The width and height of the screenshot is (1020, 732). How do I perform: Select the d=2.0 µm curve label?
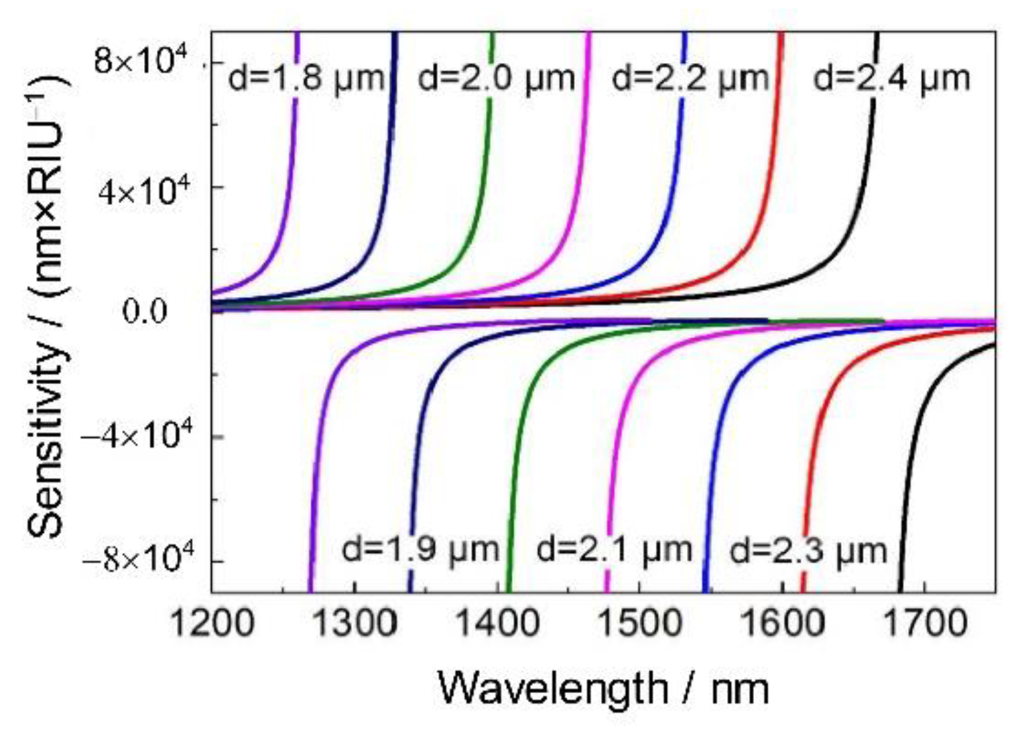tap(497, 78)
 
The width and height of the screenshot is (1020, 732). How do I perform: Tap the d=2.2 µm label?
tap(690, 78)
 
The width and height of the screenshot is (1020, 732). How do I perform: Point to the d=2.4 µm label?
tap(891, 78)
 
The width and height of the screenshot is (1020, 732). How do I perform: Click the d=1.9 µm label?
tap(421, 550)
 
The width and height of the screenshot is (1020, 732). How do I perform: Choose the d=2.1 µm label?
tap(614, 550)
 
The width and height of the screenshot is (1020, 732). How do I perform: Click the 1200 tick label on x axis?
tap(212, 624)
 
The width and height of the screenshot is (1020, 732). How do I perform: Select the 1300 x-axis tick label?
tap(354, 624)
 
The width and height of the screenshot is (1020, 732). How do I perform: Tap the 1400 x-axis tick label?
tap(497, 624)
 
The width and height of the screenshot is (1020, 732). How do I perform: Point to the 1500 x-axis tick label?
tap(639, 624)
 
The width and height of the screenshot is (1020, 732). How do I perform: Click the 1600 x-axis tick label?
tap(782, 624)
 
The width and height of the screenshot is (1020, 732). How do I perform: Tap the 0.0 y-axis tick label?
tap(145, 312)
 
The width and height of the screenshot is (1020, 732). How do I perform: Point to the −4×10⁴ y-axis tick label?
tap(137, 437)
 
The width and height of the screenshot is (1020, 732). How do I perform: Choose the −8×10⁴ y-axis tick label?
tap(137, 560)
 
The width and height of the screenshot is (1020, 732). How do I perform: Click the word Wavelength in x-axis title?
tap(552, 688)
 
